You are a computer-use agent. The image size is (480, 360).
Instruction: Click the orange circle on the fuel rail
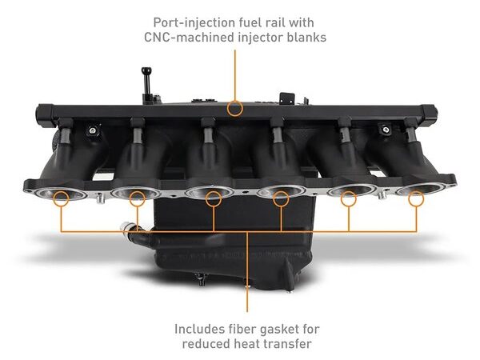tap(234, 108)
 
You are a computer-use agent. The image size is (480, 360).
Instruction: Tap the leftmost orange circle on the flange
tap(61, 198)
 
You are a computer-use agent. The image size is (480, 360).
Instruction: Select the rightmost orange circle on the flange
tap(416, 198)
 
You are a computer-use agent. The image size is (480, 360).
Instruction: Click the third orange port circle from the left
tap(214, 198)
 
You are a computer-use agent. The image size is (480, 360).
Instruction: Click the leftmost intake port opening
tap(60, 193)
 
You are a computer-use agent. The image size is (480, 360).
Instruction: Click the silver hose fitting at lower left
tap(126, 228)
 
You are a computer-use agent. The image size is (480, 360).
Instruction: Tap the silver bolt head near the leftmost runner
tap(92, 130)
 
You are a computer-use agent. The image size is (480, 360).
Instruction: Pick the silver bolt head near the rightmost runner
tap(386, 130)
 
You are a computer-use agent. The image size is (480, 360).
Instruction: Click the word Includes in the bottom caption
tap(199, 329)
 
